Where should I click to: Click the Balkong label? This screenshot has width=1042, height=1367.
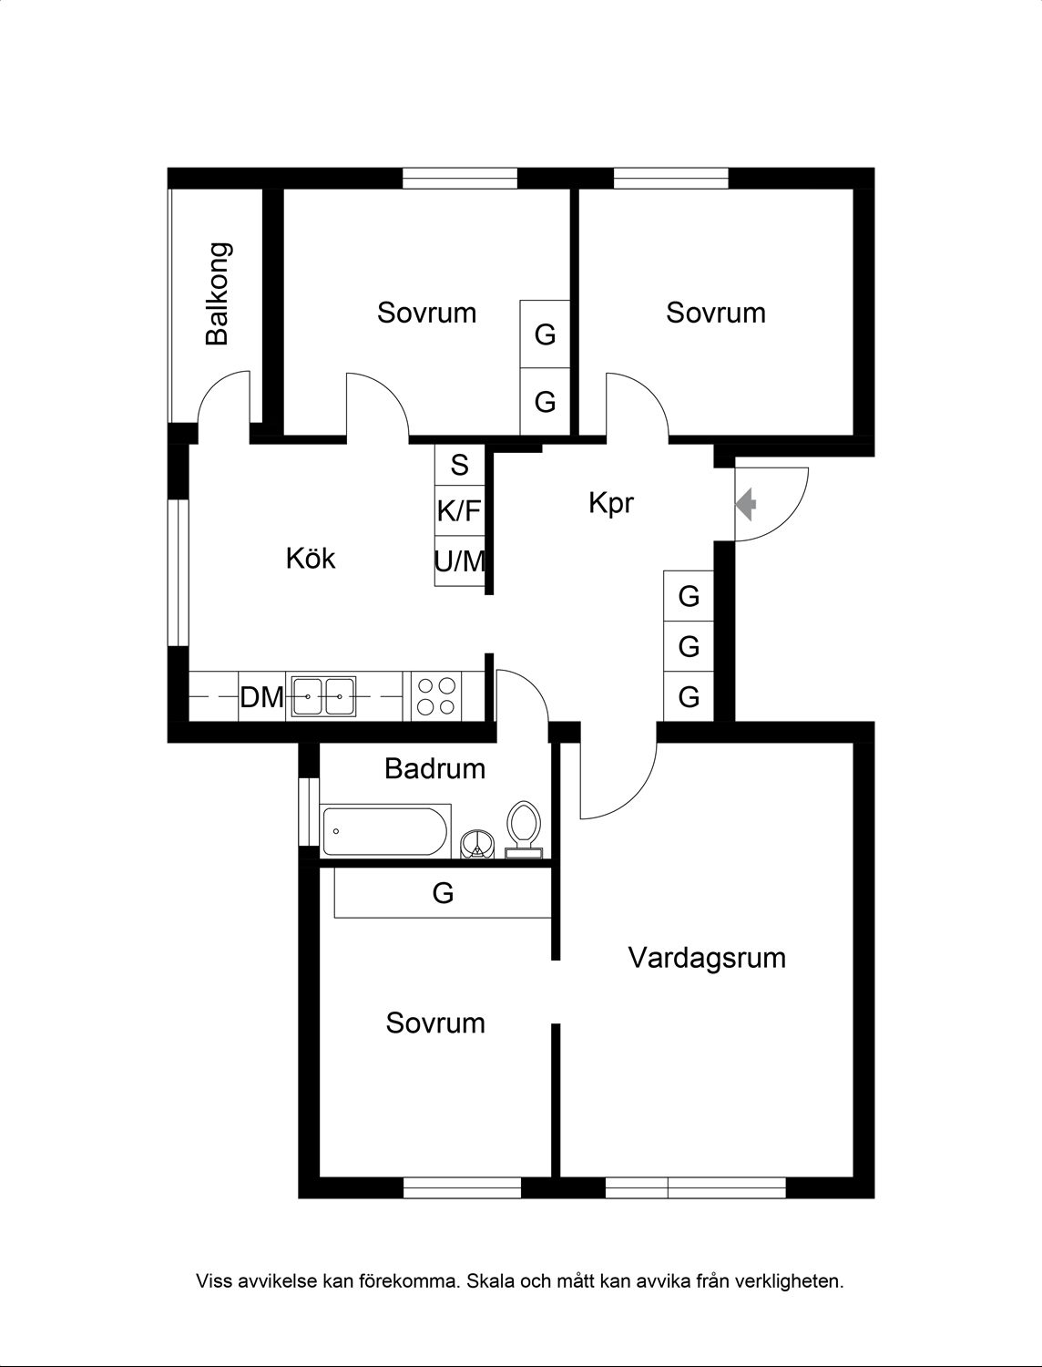tap(219, 294)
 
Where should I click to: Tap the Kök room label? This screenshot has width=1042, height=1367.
tap(311, 558)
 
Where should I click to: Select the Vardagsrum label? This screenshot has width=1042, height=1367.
tap(707, 958)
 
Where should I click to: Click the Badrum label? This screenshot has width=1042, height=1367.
tap(435, 768)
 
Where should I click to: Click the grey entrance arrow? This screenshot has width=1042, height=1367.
tap(746, 505)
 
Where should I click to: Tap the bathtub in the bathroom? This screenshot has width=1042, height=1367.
tap(385, 831)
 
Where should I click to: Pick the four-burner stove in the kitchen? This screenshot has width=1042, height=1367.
tap(436, 696)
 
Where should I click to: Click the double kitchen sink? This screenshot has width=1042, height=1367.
tap(323, 696)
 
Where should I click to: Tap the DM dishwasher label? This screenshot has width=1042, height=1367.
tap(262, 697)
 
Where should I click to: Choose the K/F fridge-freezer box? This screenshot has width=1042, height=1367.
tap(459, 510)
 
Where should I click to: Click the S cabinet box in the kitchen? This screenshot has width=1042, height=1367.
tap(459, 465)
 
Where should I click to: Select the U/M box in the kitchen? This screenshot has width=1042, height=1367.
tap(459, 561)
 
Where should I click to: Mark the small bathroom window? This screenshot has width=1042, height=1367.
tap(309, 811)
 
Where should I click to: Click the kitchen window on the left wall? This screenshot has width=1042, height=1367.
tap(178, 572)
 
